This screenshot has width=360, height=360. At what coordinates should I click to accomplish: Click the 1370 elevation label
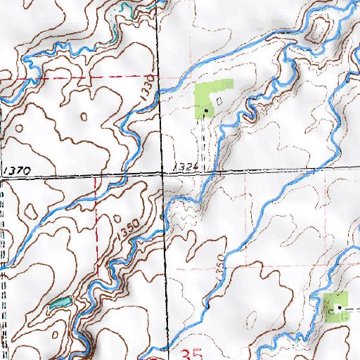[x=16, y=171]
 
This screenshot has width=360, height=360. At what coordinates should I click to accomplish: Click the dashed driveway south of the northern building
[x=204, y=141]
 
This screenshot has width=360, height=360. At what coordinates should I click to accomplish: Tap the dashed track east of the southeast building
[x=352, y=309]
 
